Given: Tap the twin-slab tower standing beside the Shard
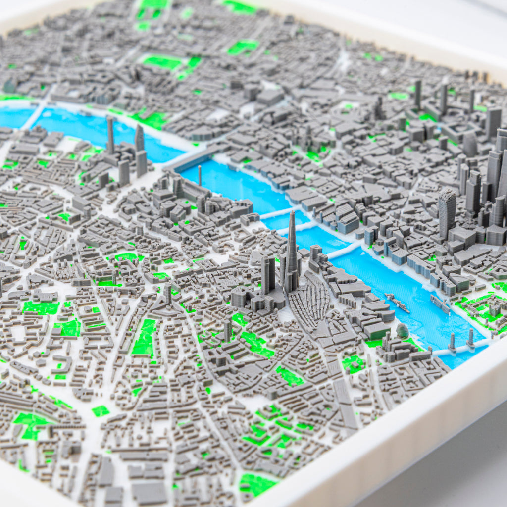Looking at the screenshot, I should (x=268, y=274).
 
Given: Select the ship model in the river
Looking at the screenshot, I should (x=398, y=303).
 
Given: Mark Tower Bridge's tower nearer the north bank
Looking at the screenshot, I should (x=470, y=338).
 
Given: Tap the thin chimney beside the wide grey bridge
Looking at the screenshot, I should (x=200, y=175).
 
